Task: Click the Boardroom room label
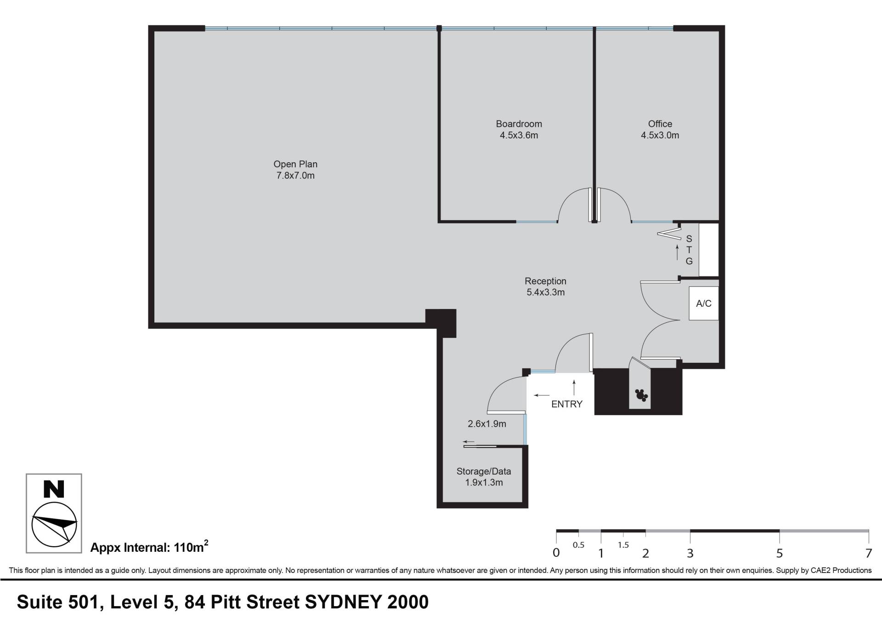pyautogui.click(x=519, y=124)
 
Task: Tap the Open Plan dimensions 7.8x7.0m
pyautogui.click(x=295, y=176)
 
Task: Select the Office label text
pyautogui.click(x=660, y=124)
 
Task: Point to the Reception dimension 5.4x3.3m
pyautogui.click(x=546, y=292)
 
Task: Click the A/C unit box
pyautogui.click(x=704, y=303)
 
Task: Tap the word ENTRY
pyautogui.click(x=567, y=404)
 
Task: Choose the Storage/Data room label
pyautogui.click(x=484, y=471)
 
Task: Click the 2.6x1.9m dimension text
pyautogui.click(x=487, y=424)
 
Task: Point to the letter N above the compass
pyautogui.click(x=54, y=489)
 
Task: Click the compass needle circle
pyautogui.click(x=54, y=524)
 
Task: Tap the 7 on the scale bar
pyautogui.click(x=868, y=553)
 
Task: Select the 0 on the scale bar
pyautogui.click(x=556, y=553)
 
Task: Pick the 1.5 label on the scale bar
pyautogui.click(x=623, y=545)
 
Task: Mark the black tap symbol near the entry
pyautogui.click(x=641, y=395)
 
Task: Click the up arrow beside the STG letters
pyautogui.click(x=677, y=253)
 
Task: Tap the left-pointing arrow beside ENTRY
pyautogui.click(x=542, y=395)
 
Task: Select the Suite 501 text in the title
pyautogui.click(x=59, y=602)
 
